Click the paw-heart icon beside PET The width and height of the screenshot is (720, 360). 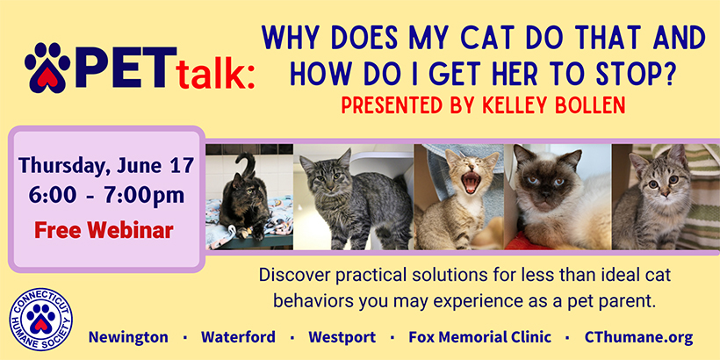[x=47, y=67]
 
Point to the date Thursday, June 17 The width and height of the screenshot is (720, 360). [x=106, y=166]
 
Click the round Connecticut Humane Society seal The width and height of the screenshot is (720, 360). [x=41, y=319]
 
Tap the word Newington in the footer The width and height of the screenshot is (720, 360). [x=128, y=337]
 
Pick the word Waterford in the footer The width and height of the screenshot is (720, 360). [x=238, y=337]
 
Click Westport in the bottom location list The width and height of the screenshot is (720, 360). [x=342, y=337]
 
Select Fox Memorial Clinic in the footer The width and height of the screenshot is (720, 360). [x=479, y=337]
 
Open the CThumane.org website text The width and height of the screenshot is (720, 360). [x=638, y=337]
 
